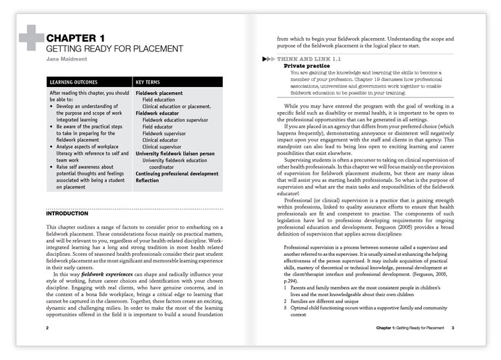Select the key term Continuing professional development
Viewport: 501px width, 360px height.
(x=177, y=173)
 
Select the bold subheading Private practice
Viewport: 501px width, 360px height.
(x=306, y=67)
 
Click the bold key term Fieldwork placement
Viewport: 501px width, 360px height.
(x=159, y=94)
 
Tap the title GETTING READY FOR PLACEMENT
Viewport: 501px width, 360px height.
(x=114, y=49)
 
